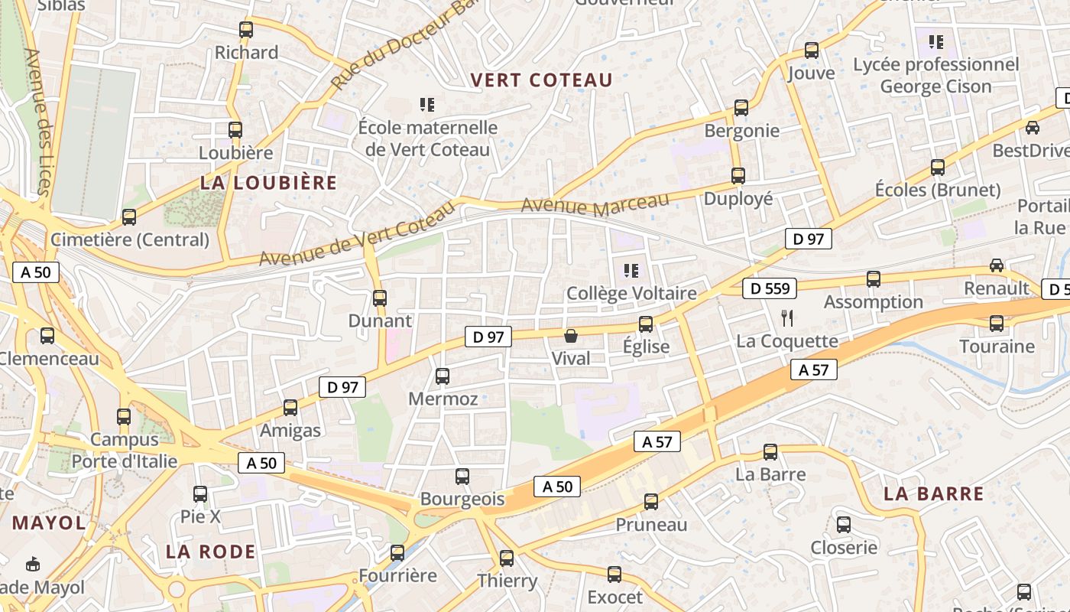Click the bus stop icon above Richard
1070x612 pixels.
(x=246, y=30)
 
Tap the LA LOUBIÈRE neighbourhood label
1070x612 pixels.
(x=268, y=182)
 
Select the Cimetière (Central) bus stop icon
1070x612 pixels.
(x=129, y=217)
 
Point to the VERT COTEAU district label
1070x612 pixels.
(x=541, y=80)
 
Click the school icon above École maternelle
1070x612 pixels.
(x=427, y=104)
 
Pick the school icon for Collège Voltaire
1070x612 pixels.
(x=631, y=269)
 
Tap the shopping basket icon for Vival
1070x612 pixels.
(x=570, y=336)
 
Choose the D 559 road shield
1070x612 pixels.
(x=770, y=288)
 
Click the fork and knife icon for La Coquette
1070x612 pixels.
(x=787, y=317)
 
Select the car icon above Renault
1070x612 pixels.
(x=997, y=265)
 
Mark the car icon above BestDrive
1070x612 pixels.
(x=1032, y=128)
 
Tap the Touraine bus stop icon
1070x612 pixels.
(x=997, y=324)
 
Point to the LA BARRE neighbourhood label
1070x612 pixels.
(x=933, y=494)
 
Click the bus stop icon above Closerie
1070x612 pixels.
(x=844, y=525)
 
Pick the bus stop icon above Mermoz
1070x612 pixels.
(x=443, y=376)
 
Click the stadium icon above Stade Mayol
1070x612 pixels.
(x=33, y=565)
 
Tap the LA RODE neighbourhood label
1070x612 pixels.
(x=210, y=552)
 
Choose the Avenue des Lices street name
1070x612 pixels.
(x=36, y=122)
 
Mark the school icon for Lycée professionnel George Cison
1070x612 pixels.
(x=936, y=41)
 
